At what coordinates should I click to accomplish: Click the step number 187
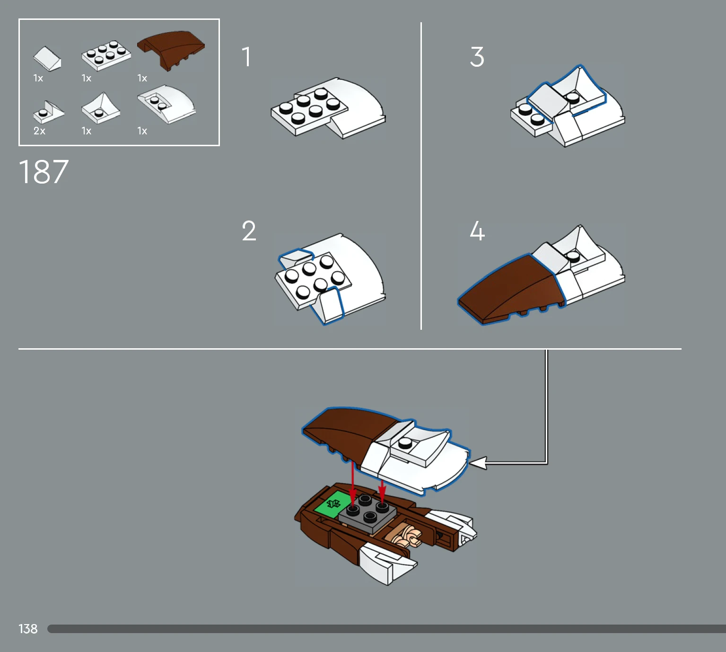point(44,172)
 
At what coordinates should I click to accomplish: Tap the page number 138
point(28,629)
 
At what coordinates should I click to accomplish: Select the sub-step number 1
point(246,57)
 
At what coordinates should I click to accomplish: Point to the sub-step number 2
point(249,231)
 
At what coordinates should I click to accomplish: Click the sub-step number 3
point(477,57)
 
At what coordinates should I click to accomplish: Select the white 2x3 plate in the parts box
point(106,55)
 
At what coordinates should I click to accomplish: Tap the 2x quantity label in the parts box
point(39,131)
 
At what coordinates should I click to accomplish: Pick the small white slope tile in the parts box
point(47,59)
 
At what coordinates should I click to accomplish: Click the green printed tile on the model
point(332,503)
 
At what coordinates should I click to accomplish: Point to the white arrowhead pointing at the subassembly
point(478,463)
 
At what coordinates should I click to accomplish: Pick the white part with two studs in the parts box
point(166,104)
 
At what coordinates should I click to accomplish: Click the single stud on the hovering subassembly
point(405,443)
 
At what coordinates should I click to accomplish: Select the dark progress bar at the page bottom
point(387,629)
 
